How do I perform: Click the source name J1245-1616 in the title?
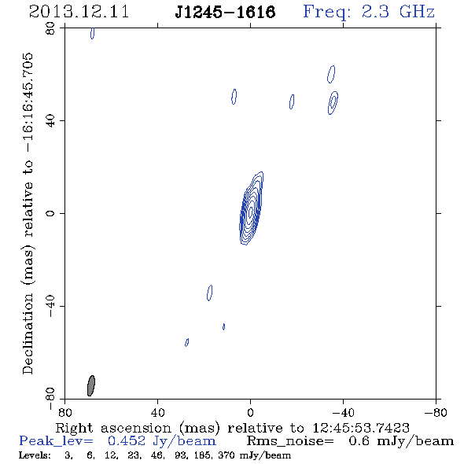pyautogui.click(x=225, y=13)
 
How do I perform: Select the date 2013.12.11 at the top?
pyautogui.click(x=79, y=12)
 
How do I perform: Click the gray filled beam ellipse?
pyautogui.click(x=91, y=385)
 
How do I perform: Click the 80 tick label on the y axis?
pyautogui.click(x=50, y=28)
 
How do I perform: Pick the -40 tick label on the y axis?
pyautogui.click(x=50, y=306)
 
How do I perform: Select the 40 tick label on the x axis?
pyautogui.click(x=157, y=413)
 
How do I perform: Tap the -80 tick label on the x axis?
pyautogui.click(x=436, y=413)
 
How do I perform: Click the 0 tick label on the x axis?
pyautogui.click(x=250, y=413)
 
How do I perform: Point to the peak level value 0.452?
pyautogui.click(x=127, y=441)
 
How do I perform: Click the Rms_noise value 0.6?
pyautogui.click(x=359, y=441)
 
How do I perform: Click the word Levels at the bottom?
pyautogui.click(x=35, y=455)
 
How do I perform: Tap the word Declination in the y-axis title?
pyautogui.click(x=28, y=333)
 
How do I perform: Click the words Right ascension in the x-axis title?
pyautogui.click(x=113, y=428)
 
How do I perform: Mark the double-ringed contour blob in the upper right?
pyautogui.click(x=333, y=103)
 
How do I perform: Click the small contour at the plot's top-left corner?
pyautogui.click(x=93, y=33)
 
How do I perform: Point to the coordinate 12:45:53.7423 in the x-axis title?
pyautogui.click(x=361, y=428)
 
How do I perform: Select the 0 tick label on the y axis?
pyautogui.click(x=50, y=213)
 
